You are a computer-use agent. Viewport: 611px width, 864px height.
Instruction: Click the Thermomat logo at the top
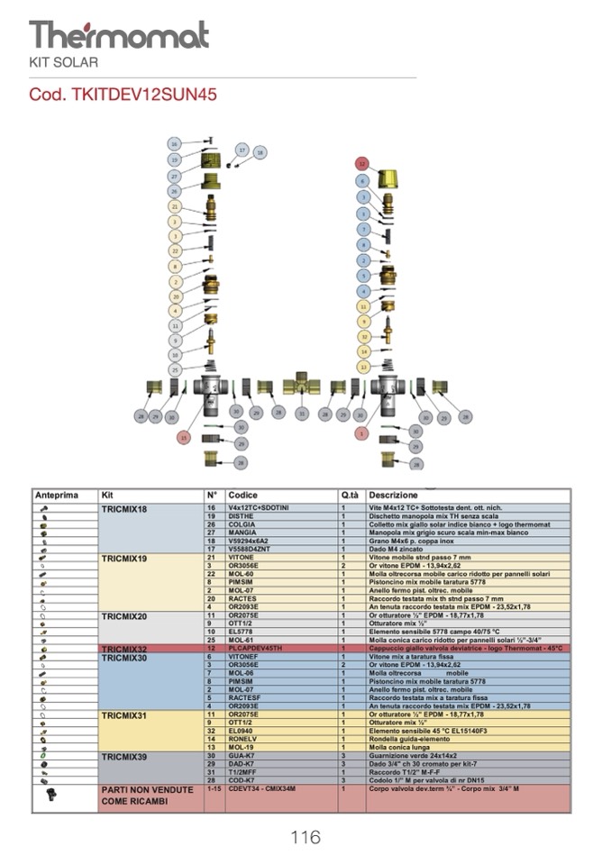[118, 34]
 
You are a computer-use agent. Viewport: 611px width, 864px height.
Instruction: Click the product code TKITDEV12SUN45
[123, 94]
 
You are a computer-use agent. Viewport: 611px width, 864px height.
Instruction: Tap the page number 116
[305, 837]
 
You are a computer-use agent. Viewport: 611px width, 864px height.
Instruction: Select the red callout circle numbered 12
[361, 165]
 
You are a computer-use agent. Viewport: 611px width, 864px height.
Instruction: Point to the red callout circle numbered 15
[185, 438]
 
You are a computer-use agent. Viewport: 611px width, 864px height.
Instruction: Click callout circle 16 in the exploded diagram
[175, 143]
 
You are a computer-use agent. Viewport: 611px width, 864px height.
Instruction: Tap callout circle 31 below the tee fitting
[303, 414]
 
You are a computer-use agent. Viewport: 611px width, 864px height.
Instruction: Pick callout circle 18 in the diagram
[260, 153]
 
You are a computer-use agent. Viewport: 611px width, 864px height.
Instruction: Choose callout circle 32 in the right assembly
[363, 336]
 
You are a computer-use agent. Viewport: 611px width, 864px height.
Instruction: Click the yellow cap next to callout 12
[389, 177]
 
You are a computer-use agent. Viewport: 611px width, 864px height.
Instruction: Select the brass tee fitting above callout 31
[301, 386]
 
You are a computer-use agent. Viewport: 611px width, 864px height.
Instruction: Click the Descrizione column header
[393, 496]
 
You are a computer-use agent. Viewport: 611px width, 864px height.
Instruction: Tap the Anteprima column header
[57, 496]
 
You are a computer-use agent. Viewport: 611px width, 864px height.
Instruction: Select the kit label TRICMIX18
[124, 509]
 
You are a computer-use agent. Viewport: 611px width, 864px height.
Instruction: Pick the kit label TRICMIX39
[124, 756]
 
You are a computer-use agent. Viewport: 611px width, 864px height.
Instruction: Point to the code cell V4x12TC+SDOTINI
[259, 509]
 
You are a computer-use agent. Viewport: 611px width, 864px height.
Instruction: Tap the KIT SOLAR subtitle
[64, 62]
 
